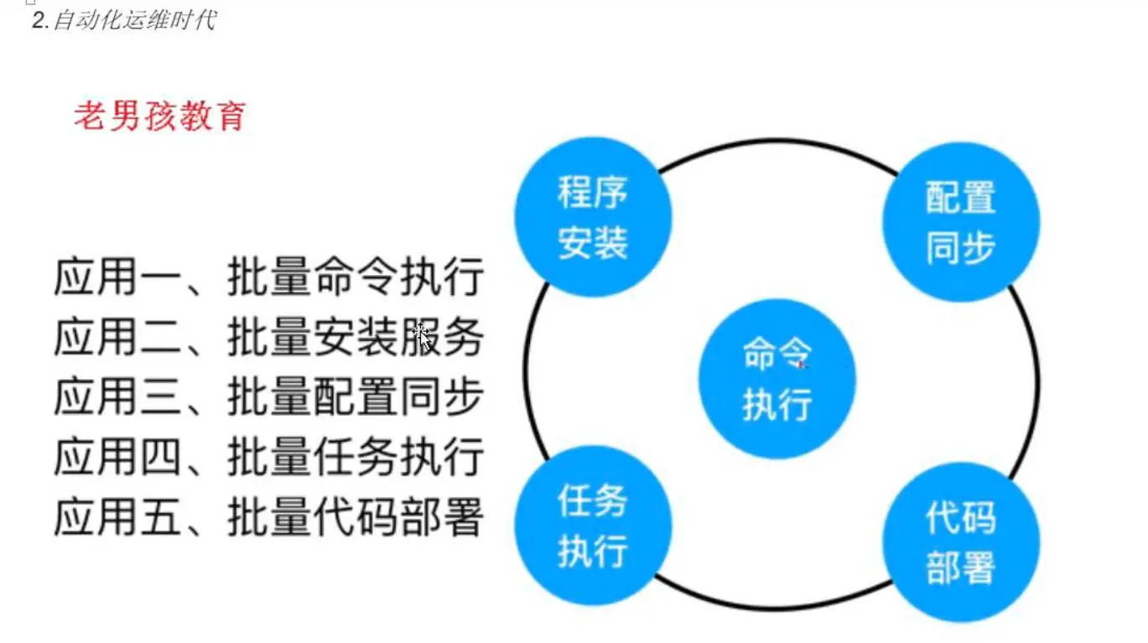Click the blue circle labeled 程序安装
(x=593, y=217)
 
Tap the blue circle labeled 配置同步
(x=960, y=222)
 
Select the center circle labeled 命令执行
(x=777, y=379)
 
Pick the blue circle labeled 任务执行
(x=593, y=526)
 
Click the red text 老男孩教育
(x=159, y=116)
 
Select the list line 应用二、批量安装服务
(x=268, y=338)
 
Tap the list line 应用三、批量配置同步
(x=268, y=397)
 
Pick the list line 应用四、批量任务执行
(x=268, y=458)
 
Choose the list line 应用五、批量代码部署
(x=268, y=517)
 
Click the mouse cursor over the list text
(x=423, y=334)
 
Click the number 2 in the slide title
(x=38, y=20)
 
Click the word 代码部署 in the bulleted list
(x=397, y=517)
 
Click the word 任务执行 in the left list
(x=397, y=458)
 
